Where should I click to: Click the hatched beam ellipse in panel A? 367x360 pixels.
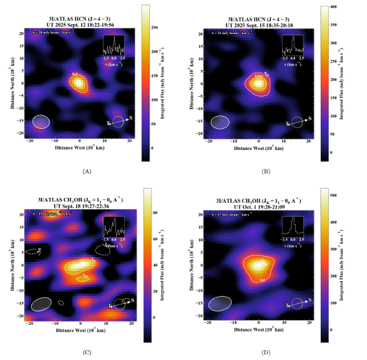[41, 121]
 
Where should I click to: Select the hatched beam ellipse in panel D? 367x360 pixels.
[221, 303]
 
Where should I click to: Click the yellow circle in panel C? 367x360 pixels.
[118, 303]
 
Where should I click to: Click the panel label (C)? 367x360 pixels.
[85, 352]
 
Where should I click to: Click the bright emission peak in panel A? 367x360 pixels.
[79, 83]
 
